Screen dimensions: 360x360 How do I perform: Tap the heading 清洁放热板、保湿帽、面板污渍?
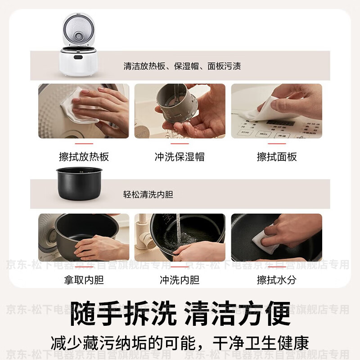[182, 66]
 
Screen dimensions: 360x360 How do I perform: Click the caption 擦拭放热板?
[84, 157]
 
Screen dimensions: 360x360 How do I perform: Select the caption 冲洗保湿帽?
[180, 157]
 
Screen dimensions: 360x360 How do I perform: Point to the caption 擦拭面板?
[277, 157]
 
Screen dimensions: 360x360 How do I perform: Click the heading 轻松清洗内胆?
[148, 195]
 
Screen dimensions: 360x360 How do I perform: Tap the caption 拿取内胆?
[84, 280]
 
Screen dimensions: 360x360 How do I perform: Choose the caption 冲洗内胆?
[180, 280]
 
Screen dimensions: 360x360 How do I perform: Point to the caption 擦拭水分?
[277, 280]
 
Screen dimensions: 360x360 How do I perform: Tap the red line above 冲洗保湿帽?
[180, 144]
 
